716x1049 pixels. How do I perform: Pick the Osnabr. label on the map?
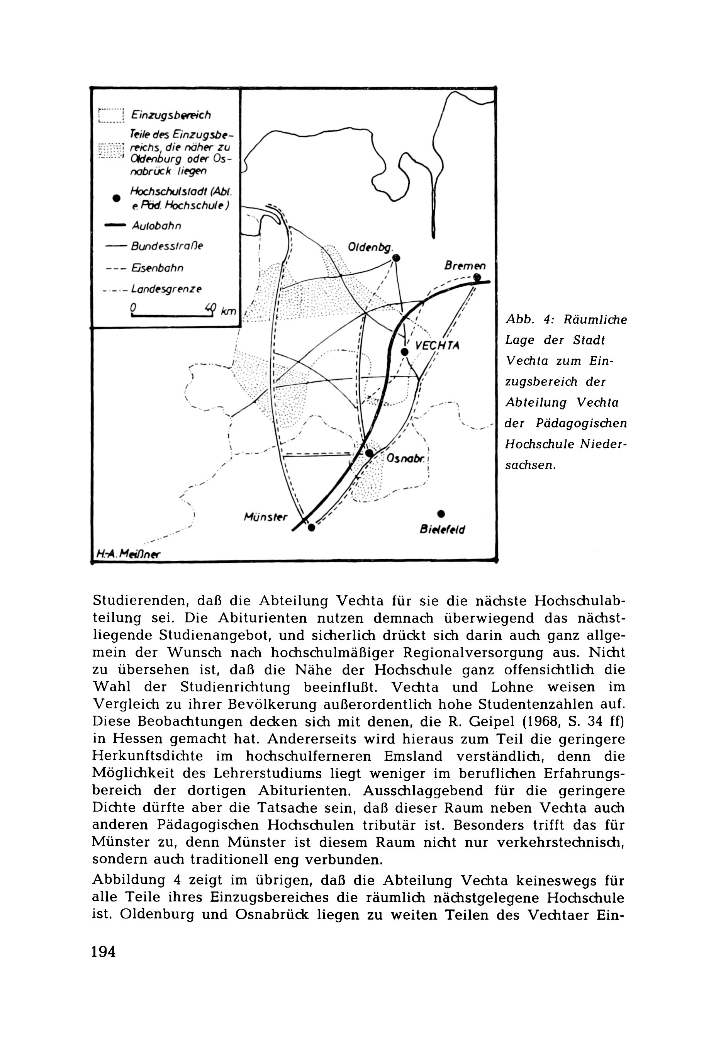[406, 458]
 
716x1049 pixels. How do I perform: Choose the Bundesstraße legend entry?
[167, 246]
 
